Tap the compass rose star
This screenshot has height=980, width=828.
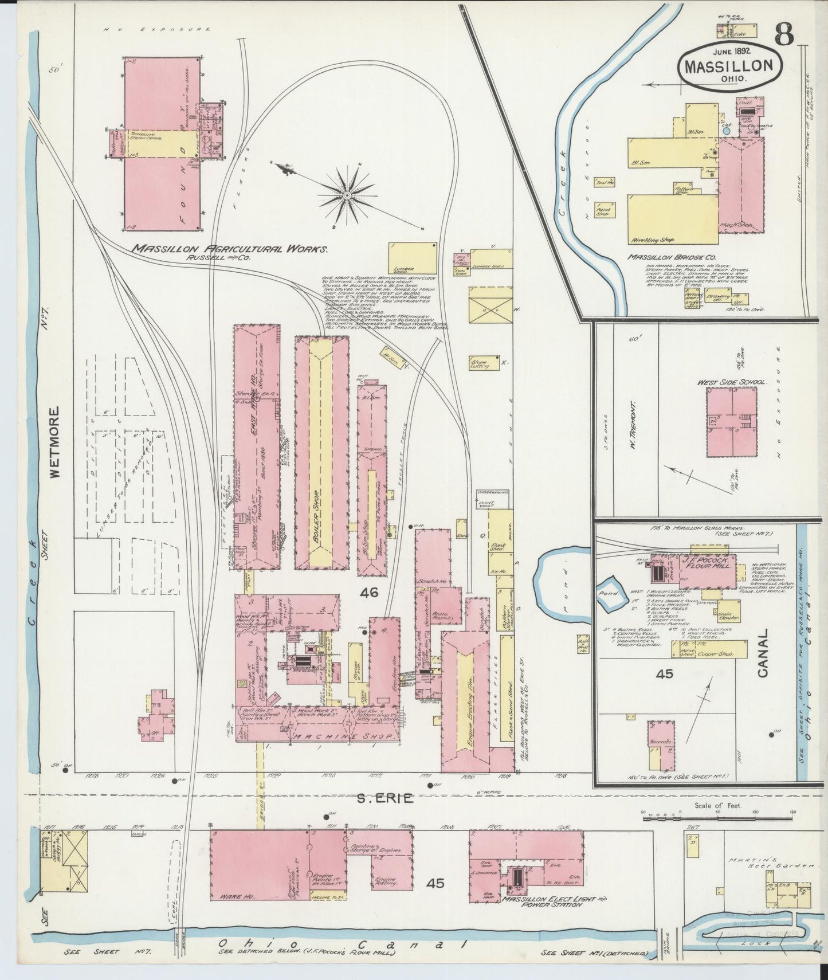(x=346, y=196)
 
